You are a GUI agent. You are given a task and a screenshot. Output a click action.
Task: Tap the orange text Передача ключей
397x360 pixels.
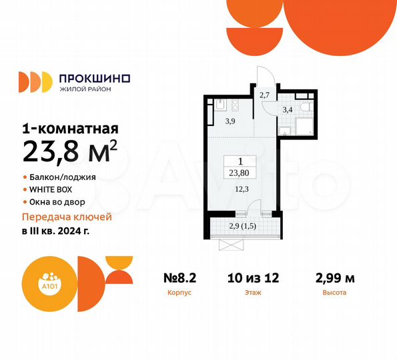coord(67,217)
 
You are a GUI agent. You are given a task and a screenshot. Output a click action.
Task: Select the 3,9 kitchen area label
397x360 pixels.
coord(229,121)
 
